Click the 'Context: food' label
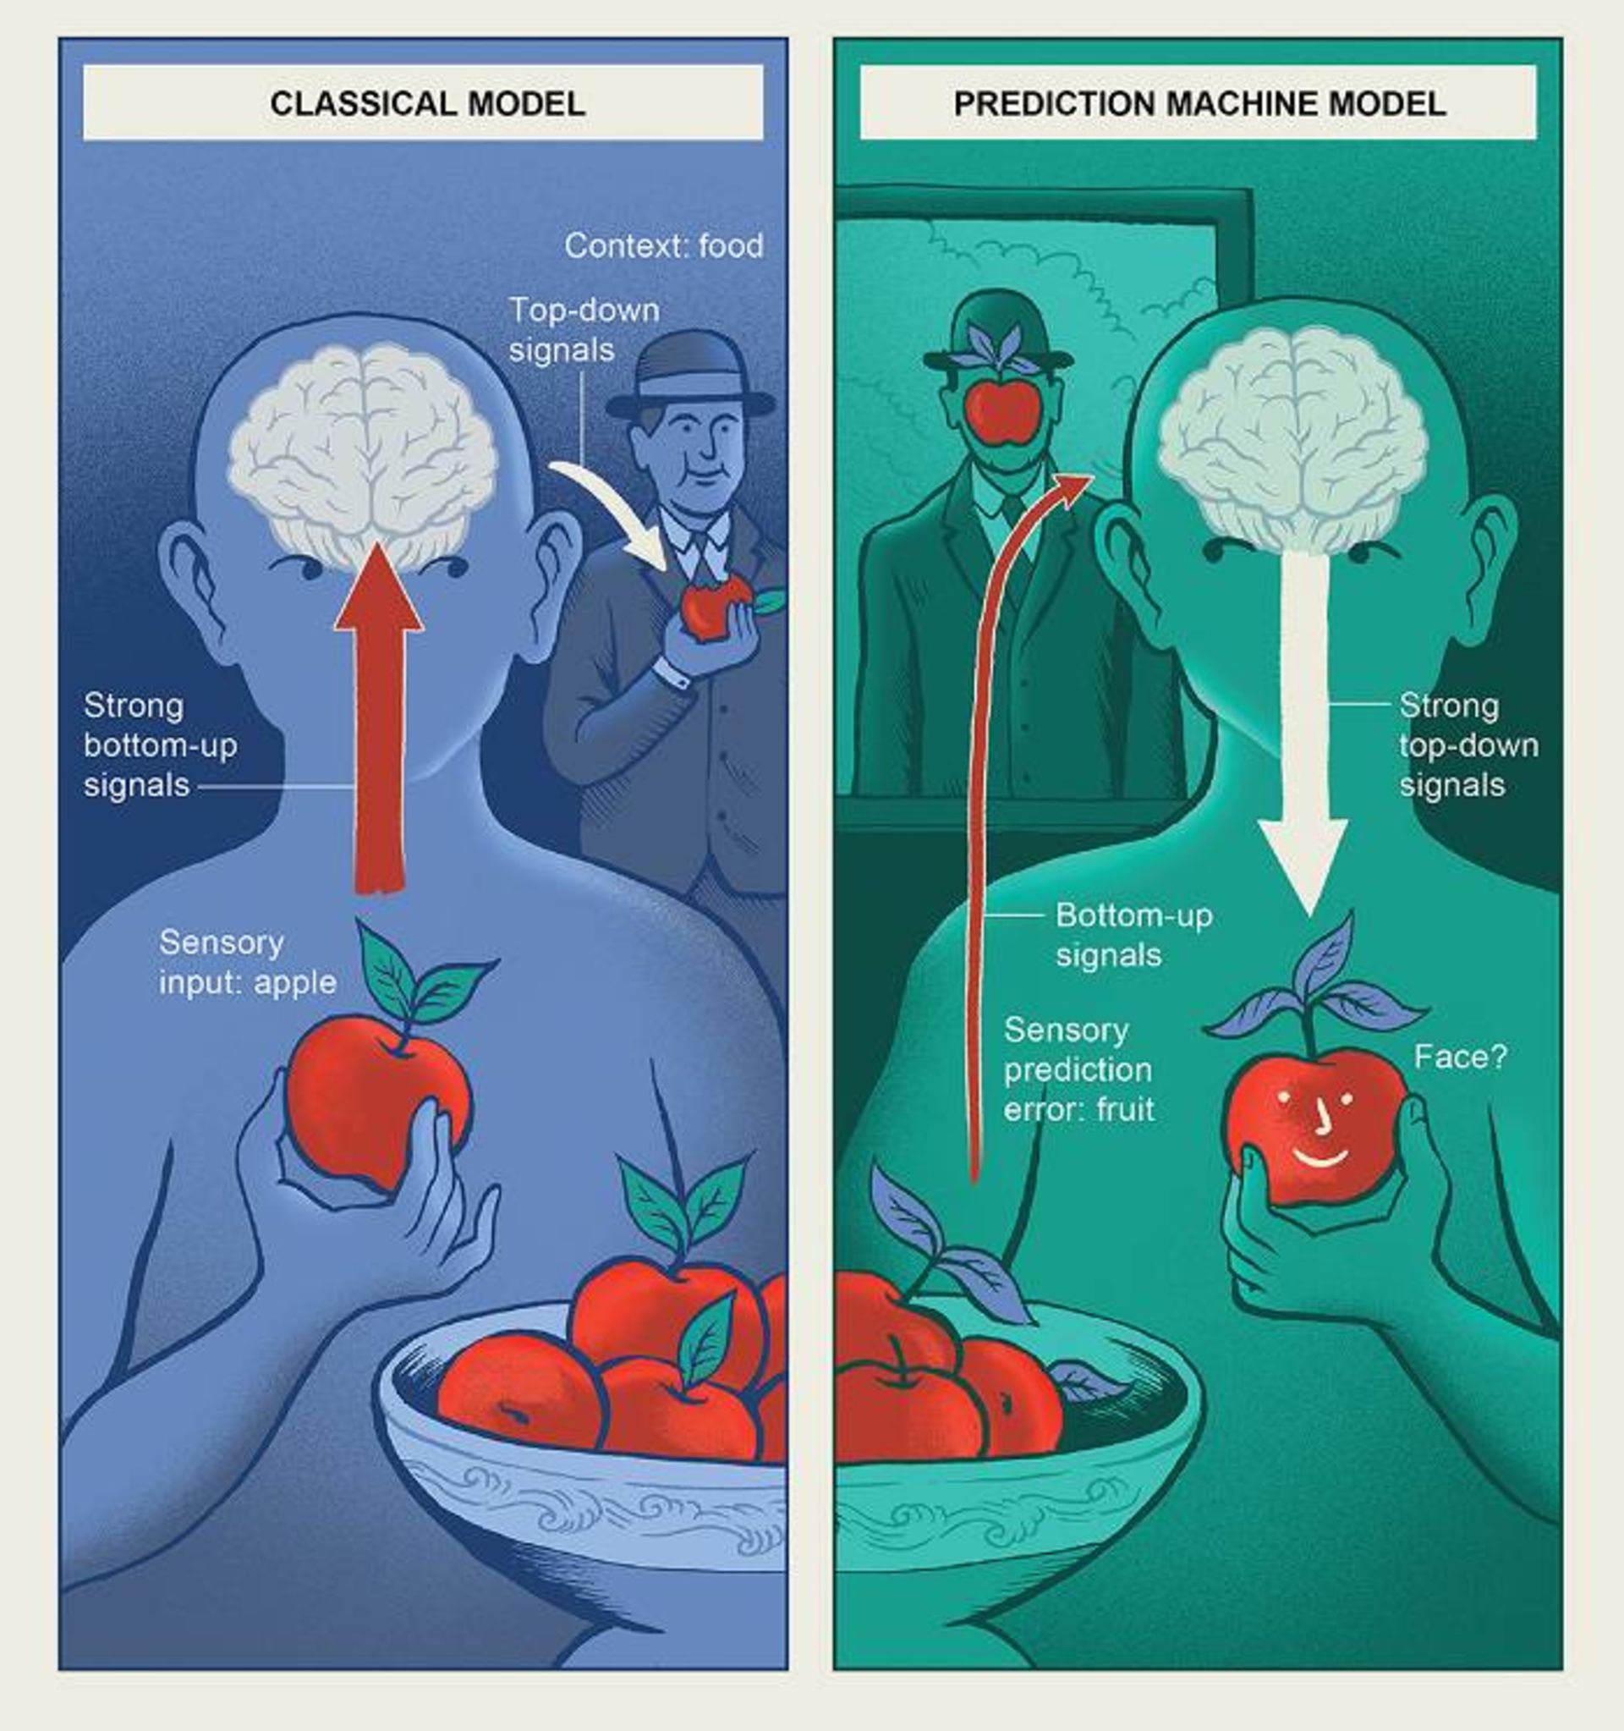[663, 245]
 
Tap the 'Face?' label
[1460, 1057]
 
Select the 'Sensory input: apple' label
[247, 962]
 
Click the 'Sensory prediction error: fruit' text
[1079, 1069]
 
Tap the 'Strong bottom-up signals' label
[160, 745]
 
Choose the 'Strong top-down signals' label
[1468, 745]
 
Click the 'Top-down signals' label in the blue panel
[583, 330]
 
